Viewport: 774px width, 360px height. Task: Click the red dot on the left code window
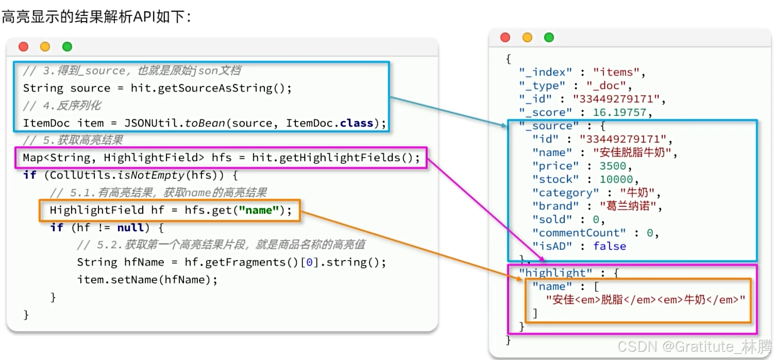[x=23, y=47]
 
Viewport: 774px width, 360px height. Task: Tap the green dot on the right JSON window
[x=549, y=38]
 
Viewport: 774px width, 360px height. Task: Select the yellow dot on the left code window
[x=45, y=47]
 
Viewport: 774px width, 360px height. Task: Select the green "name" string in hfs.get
[x=258, y=210]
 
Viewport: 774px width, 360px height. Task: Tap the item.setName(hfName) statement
[x=147, y=280]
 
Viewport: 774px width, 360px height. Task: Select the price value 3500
[x=612, y=166]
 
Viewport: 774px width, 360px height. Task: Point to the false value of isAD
[x=609, y=246]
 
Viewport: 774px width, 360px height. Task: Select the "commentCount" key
[x=579, y=233]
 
